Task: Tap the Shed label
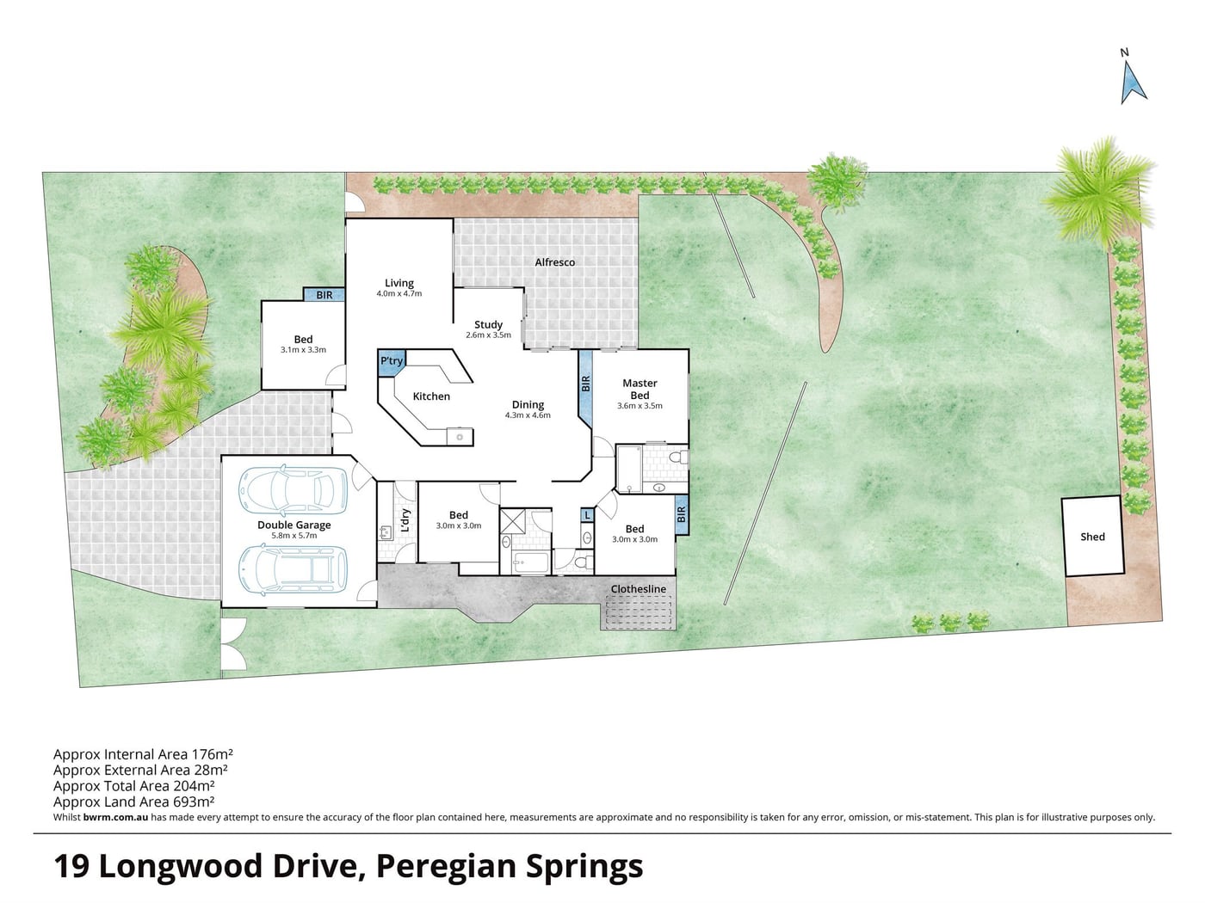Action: [1092, 537]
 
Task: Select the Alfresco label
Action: [555, 262]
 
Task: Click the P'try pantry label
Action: [392, 360]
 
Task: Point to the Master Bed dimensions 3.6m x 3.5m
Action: [640, 406]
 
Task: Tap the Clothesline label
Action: [639, 589]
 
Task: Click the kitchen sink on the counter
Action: [460, 436]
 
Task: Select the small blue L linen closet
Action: [587, 515]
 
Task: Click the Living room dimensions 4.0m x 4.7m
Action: [399, 293]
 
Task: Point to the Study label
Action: [488, 324]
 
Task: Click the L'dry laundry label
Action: [405, 520]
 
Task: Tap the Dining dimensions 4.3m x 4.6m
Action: [528, 415]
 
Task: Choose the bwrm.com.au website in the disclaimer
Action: [115, 817]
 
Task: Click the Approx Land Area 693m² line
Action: [133, 802]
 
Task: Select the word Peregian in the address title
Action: [447, 867]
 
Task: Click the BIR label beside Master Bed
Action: [585, 384]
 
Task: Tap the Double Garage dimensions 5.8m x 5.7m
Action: [294, 535]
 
